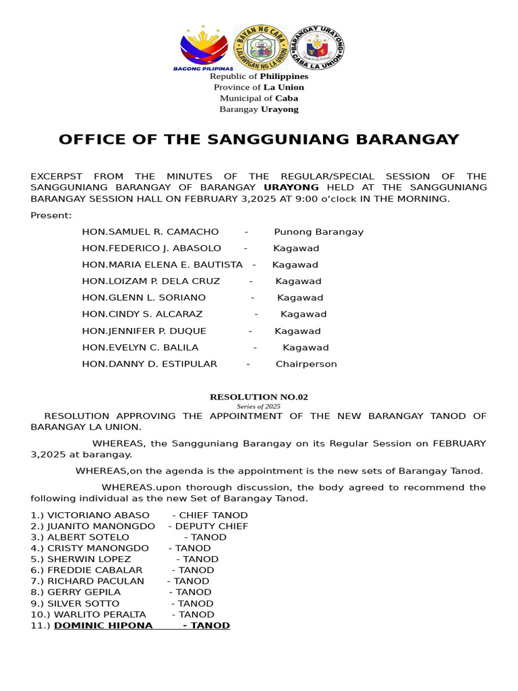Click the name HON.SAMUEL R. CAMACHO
tap(150, 231)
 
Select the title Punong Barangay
tap(318, 231)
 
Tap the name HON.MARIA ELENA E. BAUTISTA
tap(162, 265)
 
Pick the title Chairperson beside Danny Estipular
tap(306, 364)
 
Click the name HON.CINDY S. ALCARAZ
tap(142, 314)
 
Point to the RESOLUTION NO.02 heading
tap(259, 397)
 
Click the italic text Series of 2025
tap(259, 406)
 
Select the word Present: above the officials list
tap(51, 215)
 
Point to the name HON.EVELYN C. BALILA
tap(140, 348)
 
